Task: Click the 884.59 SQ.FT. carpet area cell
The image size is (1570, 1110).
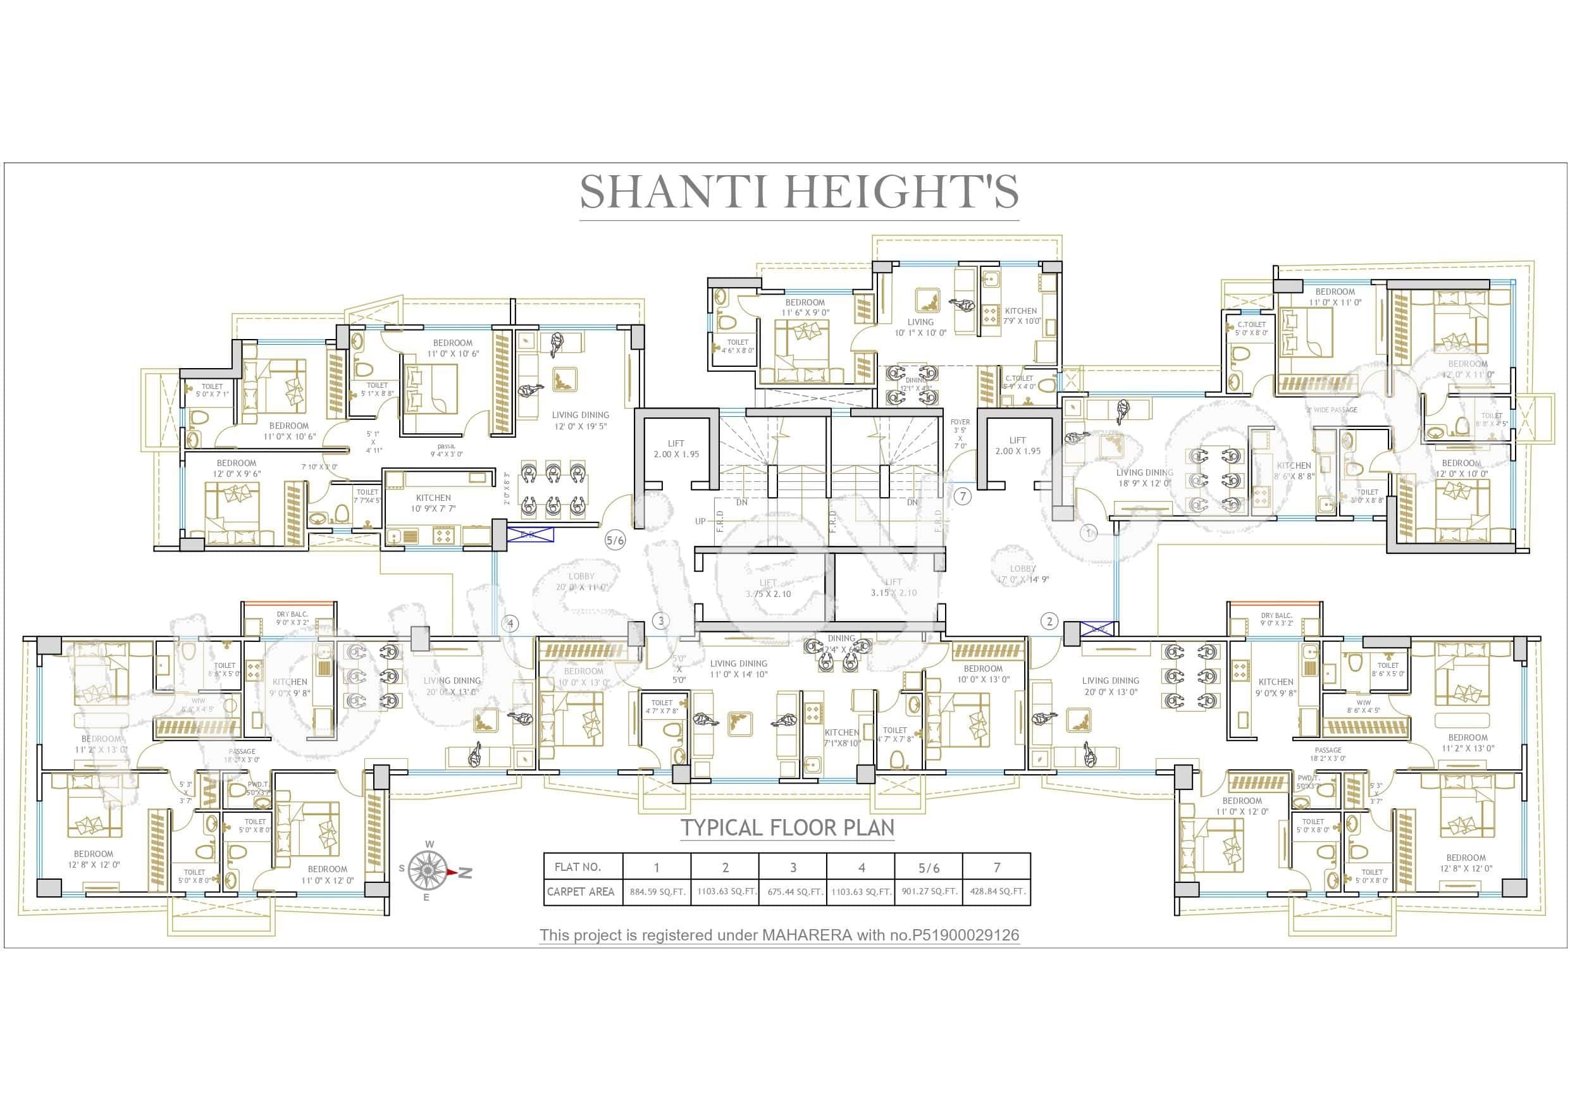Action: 657,892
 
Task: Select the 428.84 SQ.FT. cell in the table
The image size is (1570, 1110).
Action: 996,892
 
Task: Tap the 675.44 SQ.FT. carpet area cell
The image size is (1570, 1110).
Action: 793,892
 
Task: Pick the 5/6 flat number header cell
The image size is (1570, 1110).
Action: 929,868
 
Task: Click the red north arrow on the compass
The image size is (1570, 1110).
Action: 453,872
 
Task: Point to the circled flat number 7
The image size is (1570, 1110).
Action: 962,496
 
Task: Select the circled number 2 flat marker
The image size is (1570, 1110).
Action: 1049,621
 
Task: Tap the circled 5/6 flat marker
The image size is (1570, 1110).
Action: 615,540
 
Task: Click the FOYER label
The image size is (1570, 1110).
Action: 960,422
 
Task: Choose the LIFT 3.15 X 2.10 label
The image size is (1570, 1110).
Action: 893,588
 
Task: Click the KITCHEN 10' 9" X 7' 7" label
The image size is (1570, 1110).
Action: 433,503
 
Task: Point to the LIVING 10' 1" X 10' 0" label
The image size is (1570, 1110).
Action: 920,327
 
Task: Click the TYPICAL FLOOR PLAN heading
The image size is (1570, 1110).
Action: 787,827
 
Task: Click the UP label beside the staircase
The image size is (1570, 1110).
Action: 700,521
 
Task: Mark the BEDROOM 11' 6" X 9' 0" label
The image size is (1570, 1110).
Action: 805,307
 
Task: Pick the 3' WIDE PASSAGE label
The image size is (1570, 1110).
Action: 1332,410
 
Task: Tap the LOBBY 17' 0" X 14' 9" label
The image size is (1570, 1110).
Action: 1023,574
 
